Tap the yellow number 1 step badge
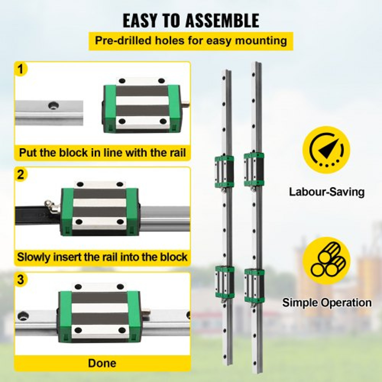coord(21,70)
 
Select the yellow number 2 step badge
coord(21,175)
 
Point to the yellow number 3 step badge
coord(21,280)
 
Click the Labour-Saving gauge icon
coord(326,150)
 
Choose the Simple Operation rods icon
coord(326,261)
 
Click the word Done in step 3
coord(102,363)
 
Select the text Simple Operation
coord(327,303)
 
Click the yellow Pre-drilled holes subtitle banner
coord(191,41)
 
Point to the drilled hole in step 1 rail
coord(53,104)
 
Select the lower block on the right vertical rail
coord(254,283)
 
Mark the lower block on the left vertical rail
coord(225,282)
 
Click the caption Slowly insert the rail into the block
coord(102,257)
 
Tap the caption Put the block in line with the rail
coord(102,153)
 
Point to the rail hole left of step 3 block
coord(23,316)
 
